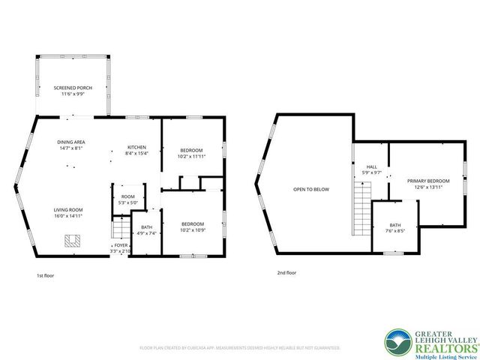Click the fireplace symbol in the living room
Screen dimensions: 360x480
coord(72,240)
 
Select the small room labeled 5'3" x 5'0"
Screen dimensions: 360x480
coord(128,199)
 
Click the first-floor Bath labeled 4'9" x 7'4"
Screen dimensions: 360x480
coord(145,229)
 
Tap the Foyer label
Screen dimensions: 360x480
coord(120,247)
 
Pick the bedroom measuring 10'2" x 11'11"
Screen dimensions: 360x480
coord(192,152)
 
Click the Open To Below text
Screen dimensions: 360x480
coord(311,189)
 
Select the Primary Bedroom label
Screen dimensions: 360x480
coord(428,184)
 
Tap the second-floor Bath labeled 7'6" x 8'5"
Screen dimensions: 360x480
coord(395,227)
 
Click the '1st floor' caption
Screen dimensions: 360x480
coord(45,275)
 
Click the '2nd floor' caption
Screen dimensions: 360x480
coord(286,273)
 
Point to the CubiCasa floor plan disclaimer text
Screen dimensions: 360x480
coord(240,348)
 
